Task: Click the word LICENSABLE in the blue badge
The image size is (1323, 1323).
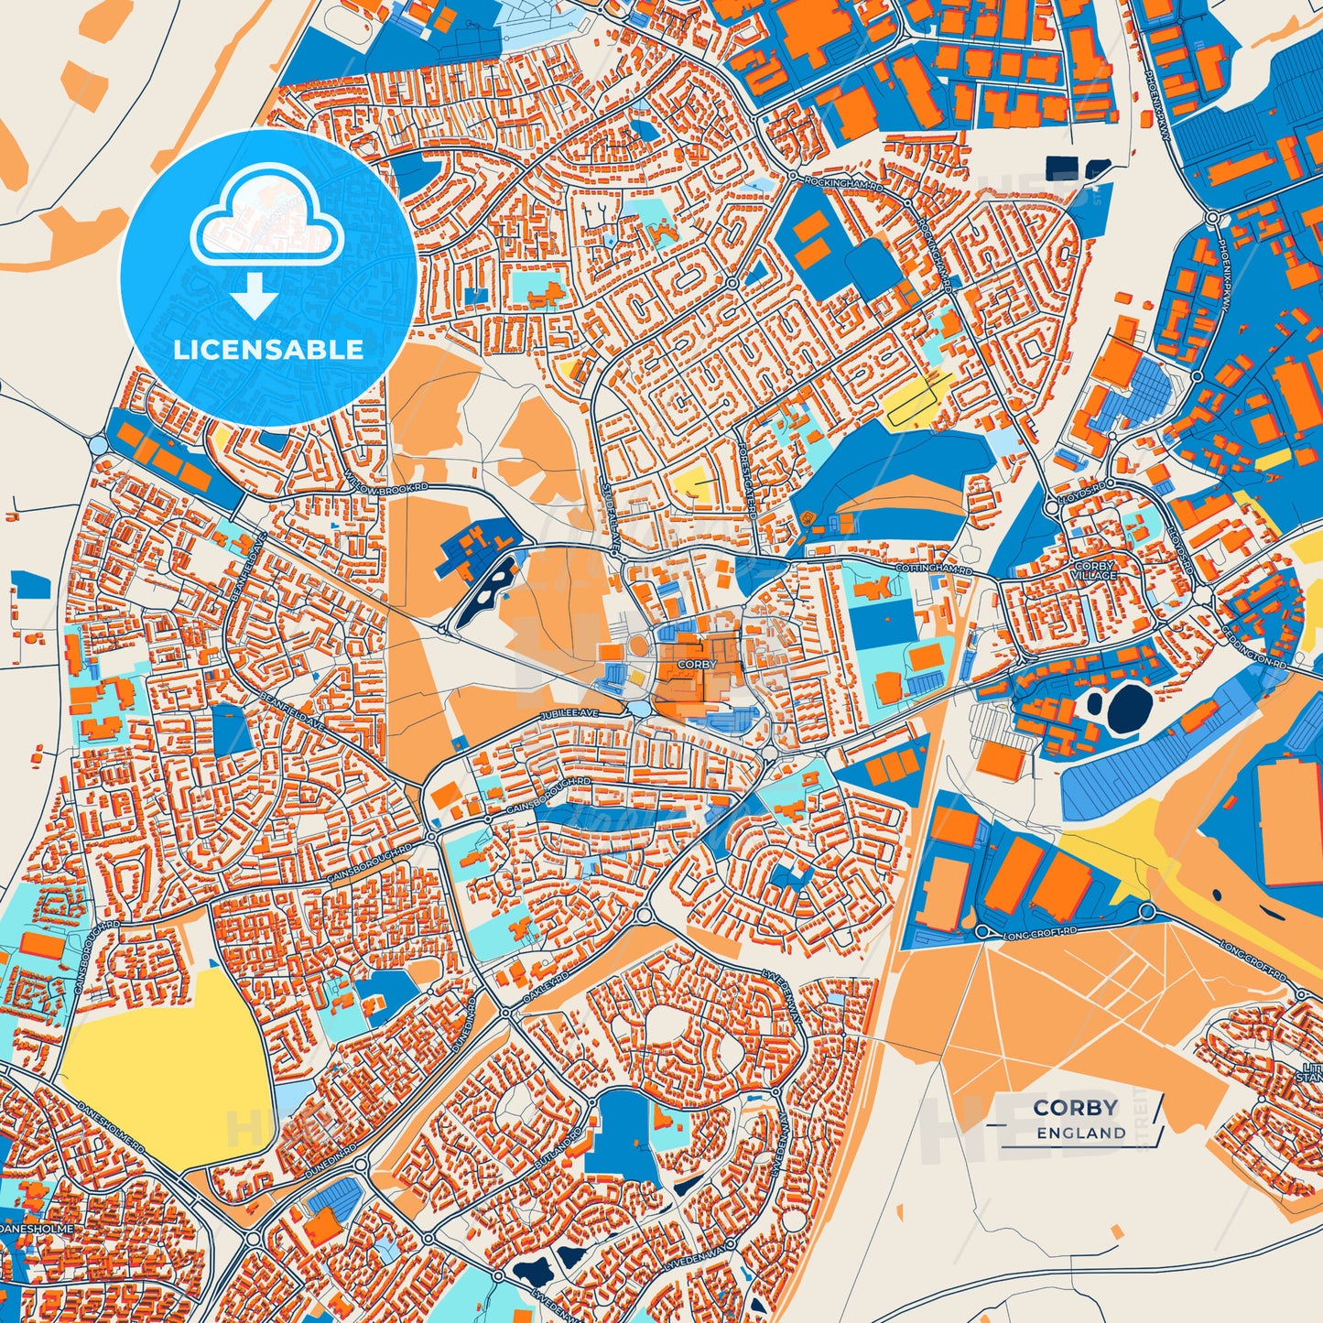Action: (x=269, y=350)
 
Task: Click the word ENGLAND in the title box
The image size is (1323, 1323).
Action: (x=1081, y=1133)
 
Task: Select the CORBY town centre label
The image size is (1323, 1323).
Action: (x=697, y=665)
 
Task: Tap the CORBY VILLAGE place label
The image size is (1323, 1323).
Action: (x=1095, y=570)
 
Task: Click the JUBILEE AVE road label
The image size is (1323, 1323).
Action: (x=569, y=713)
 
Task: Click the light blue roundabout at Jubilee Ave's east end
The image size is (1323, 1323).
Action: (x=638, y=710)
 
